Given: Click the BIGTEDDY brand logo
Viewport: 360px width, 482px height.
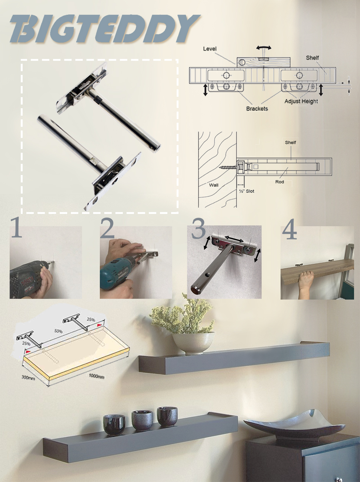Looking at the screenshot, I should (104, 29).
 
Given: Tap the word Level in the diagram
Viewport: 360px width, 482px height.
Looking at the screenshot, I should (210, 49).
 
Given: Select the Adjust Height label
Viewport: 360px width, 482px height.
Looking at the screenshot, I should (301, 101).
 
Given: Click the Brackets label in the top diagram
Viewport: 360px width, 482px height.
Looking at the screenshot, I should (257, 109).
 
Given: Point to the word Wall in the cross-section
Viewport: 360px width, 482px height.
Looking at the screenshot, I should (214, 185).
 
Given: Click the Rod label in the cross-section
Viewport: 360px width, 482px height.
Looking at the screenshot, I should (279, 182).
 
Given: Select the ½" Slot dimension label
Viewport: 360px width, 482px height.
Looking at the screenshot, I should (247, 191).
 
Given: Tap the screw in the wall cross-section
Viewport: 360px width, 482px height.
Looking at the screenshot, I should (228, 167).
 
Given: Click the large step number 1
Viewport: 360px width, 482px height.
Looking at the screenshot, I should (16, 228).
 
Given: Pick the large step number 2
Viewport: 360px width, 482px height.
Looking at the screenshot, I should (107, 228).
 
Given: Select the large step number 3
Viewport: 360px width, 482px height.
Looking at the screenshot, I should (199, 228).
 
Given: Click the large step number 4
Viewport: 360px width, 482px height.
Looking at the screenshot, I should (289, 230).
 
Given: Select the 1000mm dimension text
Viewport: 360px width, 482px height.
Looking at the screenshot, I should (96, 376).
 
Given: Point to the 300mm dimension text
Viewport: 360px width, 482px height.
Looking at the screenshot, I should (28, 377).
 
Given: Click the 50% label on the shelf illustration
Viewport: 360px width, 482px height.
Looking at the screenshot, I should (59, 331).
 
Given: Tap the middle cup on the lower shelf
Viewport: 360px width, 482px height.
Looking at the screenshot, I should (143, 420).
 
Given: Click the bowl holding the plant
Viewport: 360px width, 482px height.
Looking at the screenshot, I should (193, 343).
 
